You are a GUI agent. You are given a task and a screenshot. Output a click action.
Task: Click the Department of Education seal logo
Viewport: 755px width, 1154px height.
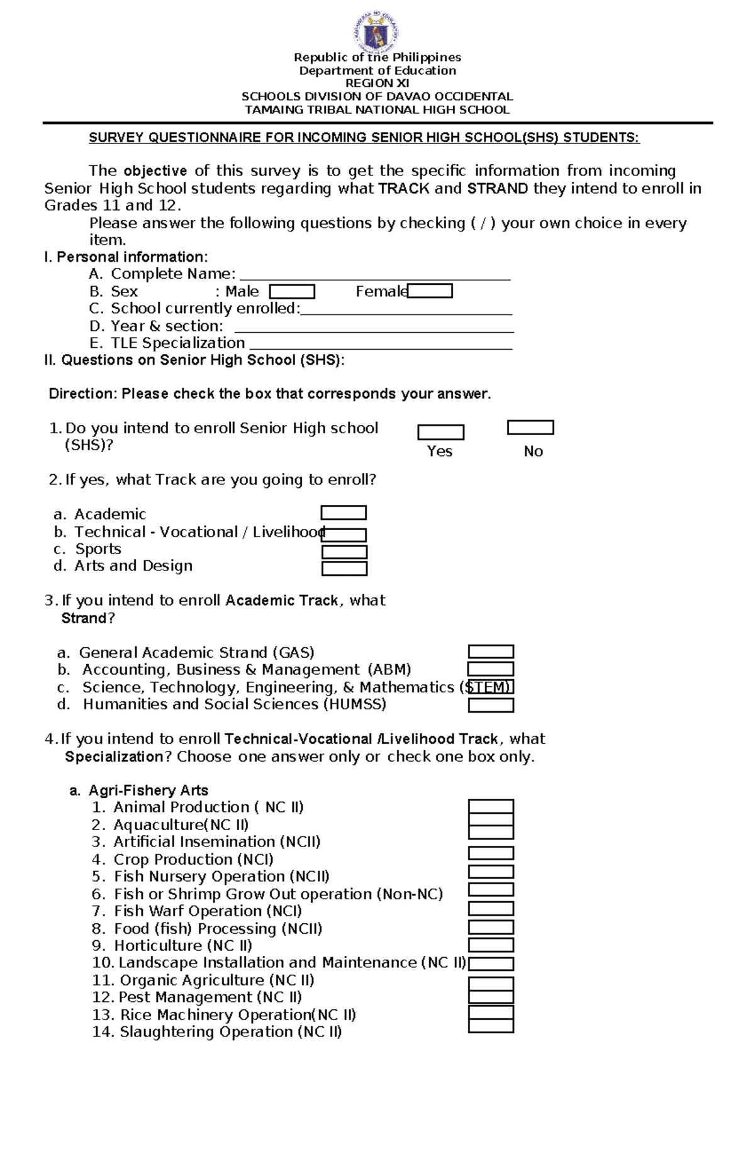click(x=377, y=32)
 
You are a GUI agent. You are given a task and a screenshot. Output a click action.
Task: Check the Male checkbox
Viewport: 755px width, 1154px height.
click(x=292, y=292)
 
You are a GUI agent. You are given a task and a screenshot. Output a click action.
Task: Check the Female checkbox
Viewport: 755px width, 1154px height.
click(x=430, y=291)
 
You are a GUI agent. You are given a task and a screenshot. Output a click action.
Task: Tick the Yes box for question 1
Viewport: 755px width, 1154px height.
click(x=441, y=432)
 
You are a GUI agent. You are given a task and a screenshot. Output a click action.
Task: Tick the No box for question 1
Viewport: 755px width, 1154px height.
click(x=530, y=428)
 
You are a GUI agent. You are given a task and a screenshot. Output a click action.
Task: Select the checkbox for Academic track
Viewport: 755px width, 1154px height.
click(x=344, y=513)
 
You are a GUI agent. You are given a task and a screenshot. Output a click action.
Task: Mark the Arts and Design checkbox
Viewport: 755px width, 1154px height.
click(x=344, y=569)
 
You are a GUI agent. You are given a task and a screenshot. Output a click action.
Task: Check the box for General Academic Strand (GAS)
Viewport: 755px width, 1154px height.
click(x=491, y=652)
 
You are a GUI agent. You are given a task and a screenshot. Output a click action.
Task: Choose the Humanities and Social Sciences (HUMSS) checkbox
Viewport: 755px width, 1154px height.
click(x=491, y=705)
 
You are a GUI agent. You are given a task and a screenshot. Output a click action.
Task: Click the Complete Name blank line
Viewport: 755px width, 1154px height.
click(x=375, y=277)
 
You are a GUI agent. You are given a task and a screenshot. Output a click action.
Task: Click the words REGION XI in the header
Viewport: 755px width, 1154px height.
click(x=377, y=83)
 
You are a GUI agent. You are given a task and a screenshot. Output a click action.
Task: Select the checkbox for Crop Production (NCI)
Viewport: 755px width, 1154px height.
click(x=491, y=853)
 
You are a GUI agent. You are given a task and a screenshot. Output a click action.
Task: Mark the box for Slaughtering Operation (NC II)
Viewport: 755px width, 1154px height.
click(x=491, y=1026)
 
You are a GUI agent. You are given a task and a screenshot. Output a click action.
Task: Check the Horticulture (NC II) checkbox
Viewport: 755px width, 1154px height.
click(x=491, y=945)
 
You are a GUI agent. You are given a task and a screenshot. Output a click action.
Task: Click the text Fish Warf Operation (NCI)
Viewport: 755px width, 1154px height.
click(x=208, y=911)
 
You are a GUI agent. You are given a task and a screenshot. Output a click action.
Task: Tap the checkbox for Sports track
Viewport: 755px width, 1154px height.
click(x=344, y=552)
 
